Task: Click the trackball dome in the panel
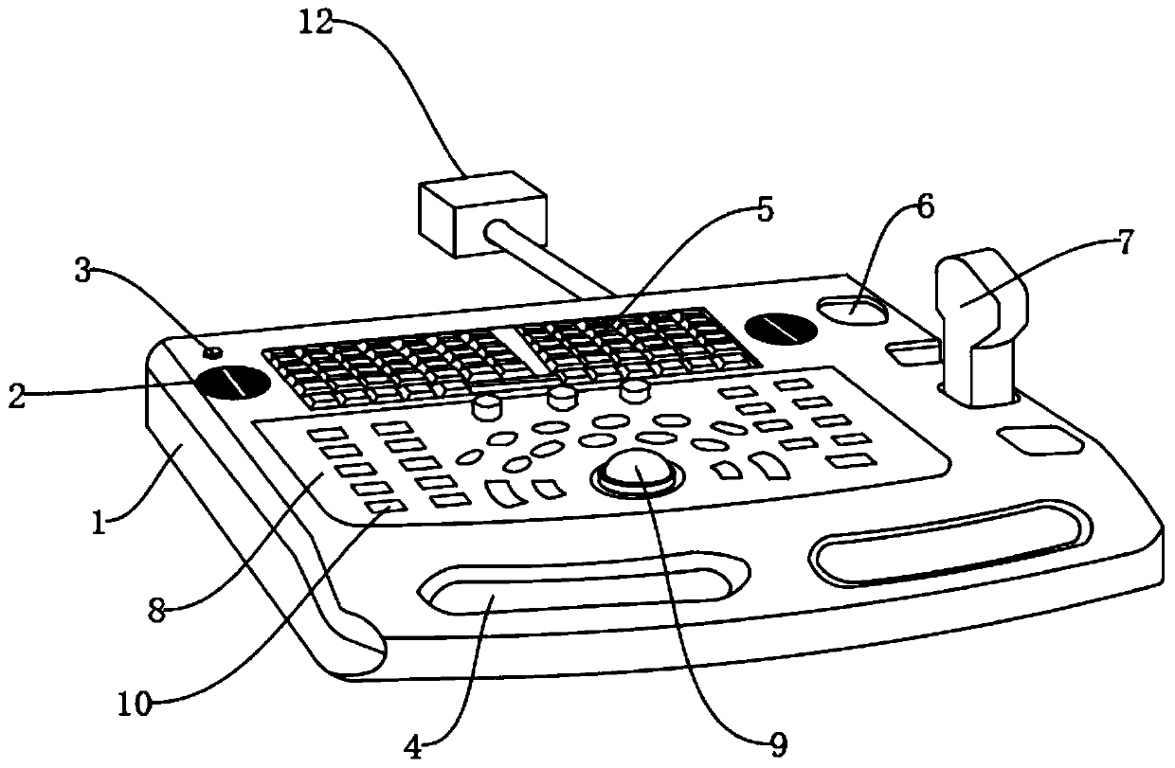tap(638, 469)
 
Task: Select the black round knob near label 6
tap(781, 329)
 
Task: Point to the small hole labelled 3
tap(214, 352)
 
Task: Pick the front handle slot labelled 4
tap(578, 589)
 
